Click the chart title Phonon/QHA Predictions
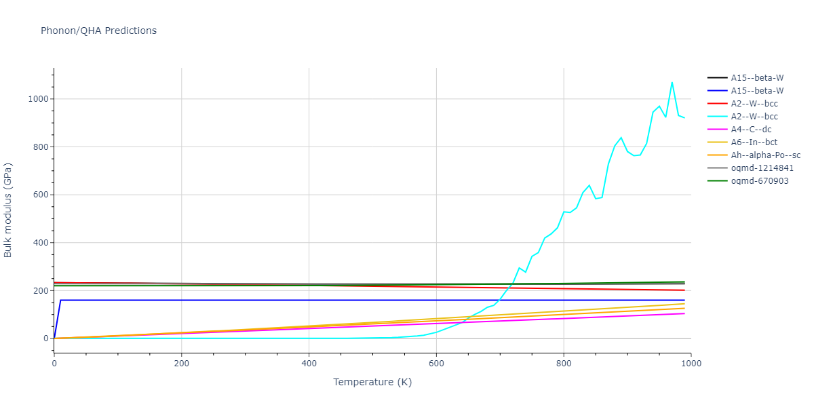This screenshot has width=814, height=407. pyautogui.click(x=98, y=31)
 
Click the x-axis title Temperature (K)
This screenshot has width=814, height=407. pyautogui.click(x=372, y=382)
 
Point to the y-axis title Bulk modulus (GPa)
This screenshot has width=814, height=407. pyautogui.click(x=9, y=210)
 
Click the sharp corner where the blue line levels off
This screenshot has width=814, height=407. pyautogui.click(x=60, y=300)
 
